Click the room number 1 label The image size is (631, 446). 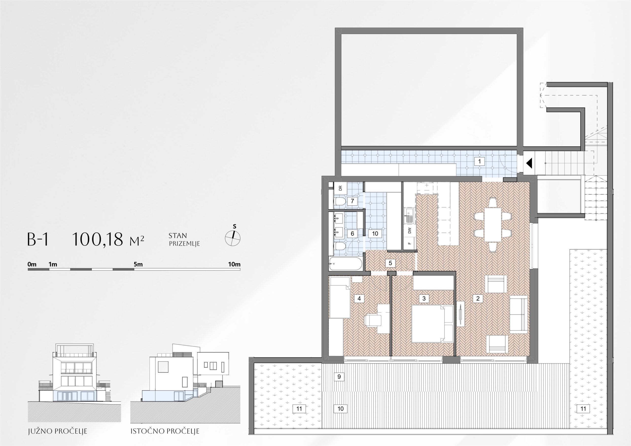coord(480,161)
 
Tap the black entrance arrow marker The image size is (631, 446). coord(529,163)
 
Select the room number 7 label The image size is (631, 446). coord(352,201)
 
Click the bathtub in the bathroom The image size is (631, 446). coord(346,264)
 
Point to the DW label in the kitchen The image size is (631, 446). coord(410,231)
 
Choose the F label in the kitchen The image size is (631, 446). coord(410,243)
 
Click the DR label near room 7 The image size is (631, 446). coord(340,188)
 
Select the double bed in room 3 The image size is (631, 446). coord(432,324)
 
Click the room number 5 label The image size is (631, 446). coord(390,263)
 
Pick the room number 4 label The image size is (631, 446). coord(359,298)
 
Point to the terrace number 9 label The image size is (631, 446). coord(339,377)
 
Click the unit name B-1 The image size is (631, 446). coord(38,239)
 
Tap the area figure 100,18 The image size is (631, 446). coord(97,239)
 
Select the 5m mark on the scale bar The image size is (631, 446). coord(138,264)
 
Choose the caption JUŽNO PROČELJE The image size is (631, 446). coord(57,431)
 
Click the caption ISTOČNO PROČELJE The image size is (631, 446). coord(165,431)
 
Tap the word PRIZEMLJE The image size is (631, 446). coord(184,244)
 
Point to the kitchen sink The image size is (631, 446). coord(409,215)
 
